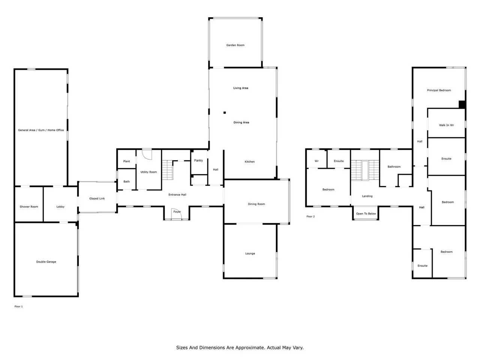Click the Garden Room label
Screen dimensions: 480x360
point(235,45)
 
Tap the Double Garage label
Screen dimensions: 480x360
point(46,262)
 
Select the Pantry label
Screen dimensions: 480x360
point(198,160)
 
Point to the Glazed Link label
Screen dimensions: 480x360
point(97,198)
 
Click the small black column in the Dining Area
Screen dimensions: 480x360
point(225,112)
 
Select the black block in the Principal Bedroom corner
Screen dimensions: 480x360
point(462,104)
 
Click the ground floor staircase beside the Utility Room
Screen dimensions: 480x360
point(168,170)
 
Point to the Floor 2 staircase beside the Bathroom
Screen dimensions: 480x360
point(365,170)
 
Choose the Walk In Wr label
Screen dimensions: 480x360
point(446,125)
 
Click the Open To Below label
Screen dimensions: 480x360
point(366,213)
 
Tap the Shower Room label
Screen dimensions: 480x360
point(29,207)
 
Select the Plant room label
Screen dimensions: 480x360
point(126,161)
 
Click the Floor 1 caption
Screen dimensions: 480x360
point(19,306)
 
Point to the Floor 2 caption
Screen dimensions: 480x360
point(310,216)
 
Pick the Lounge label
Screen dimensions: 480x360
point(250,253)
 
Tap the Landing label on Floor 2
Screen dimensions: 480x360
point(367,196)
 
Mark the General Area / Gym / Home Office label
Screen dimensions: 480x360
point(41,130)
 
